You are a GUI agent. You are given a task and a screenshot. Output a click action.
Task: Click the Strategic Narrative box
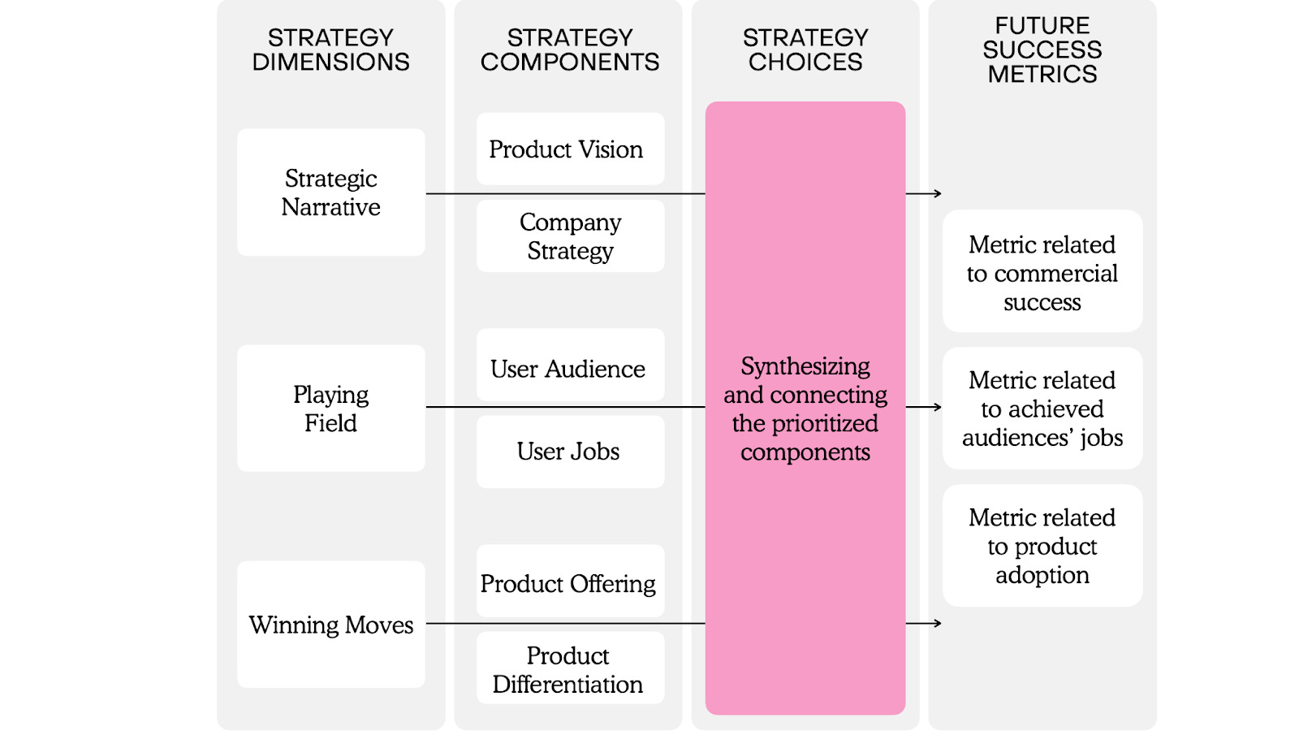(x=330, y=192)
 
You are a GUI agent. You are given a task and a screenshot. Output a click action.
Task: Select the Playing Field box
(x=330, y=409)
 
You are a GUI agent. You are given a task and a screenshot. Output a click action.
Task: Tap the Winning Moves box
(x=330, y=625)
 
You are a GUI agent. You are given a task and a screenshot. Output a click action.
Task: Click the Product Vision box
(x=570, y=149)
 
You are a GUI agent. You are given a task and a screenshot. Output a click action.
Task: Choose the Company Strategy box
(x=570, y=236)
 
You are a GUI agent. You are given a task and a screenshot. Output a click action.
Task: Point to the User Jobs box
(x=570, y=452)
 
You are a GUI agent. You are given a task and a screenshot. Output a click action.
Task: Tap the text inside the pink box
(x=805, y=409)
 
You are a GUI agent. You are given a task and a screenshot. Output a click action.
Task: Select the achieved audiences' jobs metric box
(x=1042, y=409)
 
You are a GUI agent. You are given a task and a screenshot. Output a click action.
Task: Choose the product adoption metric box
(x=1042, y=546)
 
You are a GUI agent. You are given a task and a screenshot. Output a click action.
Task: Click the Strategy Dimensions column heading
(x=330, y=50)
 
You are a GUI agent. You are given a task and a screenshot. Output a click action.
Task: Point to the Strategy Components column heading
(x=570, y=50)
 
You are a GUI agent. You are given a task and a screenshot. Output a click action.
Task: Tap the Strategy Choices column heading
(x=805, y=50)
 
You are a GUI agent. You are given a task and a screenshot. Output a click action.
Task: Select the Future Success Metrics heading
(x=1042, y=50)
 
